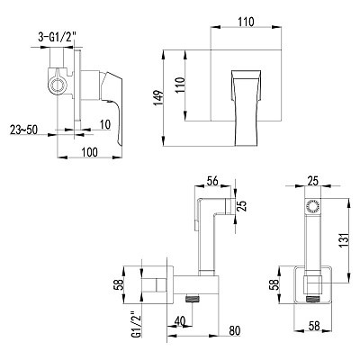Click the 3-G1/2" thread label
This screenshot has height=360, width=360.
(x=57, y=38)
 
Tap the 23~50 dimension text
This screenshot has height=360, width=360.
(x=23, y=130)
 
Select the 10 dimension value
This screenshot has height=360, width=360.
(x=105, y=124)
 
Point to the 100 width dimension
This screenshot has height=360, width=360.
(x=90, y=152)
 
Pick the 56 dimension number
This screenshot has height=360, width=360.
(x=212, y=181)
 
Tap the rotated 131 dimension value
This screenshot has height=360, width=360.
(x=346, y=240)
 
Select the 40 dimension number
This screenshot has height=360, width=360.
(x=180, y=321)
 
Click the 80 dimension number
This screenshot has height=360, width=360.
(x=234, y=330)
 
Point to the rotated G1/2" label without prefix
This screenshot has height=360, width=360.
(x=137, y=328)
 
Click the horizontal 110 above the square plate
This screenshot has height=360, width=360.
(x=246, y=22)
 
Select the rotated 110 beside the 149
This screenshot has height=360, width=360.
(x=180, y=85)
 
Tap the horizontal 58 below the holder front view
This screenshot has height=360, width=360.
(x=313, y=325)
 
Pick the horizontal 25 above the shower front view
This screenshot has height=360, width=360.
(x=312, y=181)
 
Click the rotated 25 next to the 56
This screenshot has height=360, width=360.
(x=242, y=206)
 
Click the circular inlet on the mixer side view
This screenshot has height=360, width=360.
(x=57, y=85)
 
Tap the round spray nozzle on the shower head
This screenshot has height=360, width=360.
(x=313, y=207)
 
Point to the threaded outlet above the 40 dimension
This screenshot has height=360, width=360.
(x=193, y=299)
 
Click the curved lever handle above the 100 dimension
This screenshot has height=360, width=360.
(x=112, y=105)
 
